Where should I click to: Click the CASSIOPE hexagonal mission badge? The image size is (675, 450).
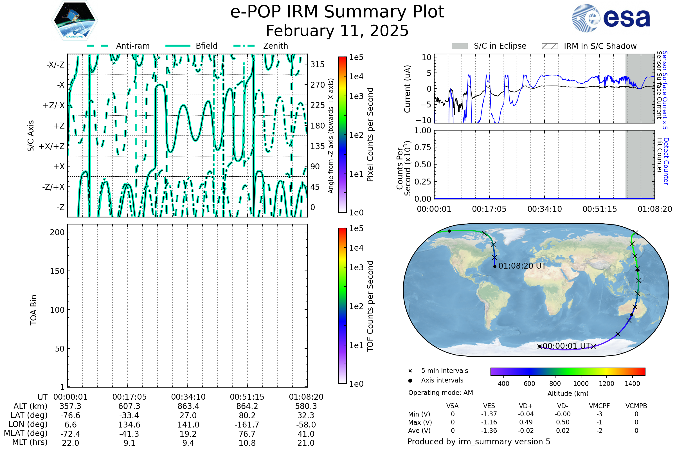75,20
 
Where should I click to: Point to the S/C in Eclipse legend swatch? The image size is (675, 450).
460,46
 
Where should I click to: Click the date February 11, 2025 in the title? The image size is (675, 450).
337,31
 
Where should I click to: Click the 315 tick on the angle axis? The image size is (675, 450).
318,64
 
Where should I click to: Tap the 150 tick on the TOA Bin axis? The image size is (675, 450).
57,271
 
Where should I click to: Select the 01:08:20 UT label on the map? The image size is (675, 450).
522,266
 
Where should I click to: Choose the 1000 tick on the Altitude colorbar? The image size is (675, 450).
581,384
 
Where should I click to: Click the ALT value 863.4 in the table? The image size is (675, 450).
188,406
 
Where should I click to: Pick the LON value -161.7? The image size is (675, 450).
247,425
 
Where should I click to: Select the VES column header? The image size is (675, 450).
489,406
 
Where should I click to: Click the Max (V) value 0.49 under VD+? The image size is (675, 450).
526,422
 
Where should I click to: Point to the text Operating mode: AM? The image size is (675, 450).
440,393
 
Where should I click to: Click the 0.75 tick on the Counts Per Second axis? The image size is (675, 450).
423,147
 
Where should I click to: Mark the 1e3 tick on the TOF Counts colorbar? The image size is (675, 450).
356,267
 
